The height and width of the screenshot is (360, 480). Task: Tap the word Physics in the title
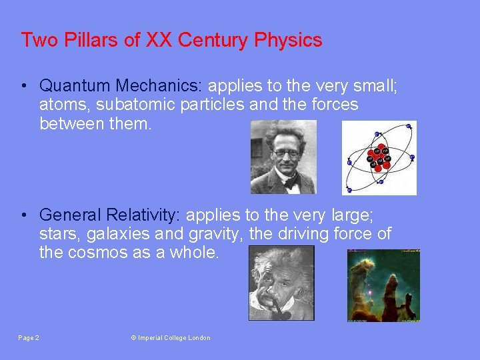[x=288, y=40]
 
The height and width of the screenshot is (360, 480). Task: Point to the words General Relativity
[x=110, y=215]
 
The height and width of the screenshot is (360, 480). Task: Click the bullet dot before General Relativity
[x=23, y=216]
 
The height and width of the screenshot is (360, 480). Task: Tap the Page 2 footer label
[x=29, y=338]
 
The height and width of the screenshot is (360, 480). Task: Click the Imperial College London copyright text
[x=171, y=338]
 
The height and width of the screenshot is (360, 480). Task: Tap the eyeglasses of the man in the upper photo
[x=286, y=153]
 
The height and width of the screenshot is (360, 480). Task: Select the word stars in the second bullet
[x=57, y=235]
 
